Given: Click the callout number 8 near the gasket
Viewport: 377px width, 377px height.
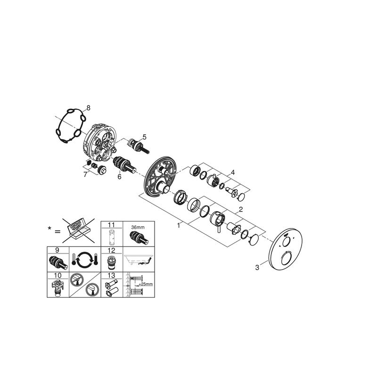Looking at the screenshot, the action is click(x=89, y=108).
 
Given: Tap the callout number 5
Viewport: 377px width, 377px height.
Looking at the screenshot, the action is click(x=144, y=137).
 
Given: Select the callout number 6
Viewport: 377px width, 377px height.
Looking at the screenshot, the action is click(x=120, y=177).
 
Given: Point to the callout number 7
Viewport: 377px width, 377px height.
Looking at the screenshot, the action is click(x=85, y=174).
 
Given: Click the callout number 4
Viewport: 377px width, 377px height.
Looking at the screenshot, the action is click(x=233, y=172).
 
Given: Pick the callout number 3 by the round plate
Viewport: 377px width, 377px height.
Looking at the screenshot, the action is click(x=257, y=267).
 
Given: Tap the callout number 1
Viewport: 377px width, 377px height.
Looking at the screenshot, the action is click(x=179, y=226).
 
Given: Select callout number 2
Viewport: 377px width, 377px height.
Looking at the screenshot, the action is click(x=241, y=209).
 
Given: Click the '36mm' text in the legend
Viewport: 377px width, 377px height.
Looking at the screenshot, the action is click(x=138, y=227).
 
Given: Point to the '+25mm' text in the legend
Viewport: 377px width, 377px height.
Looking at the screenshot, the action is click(x=146, y=284).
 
